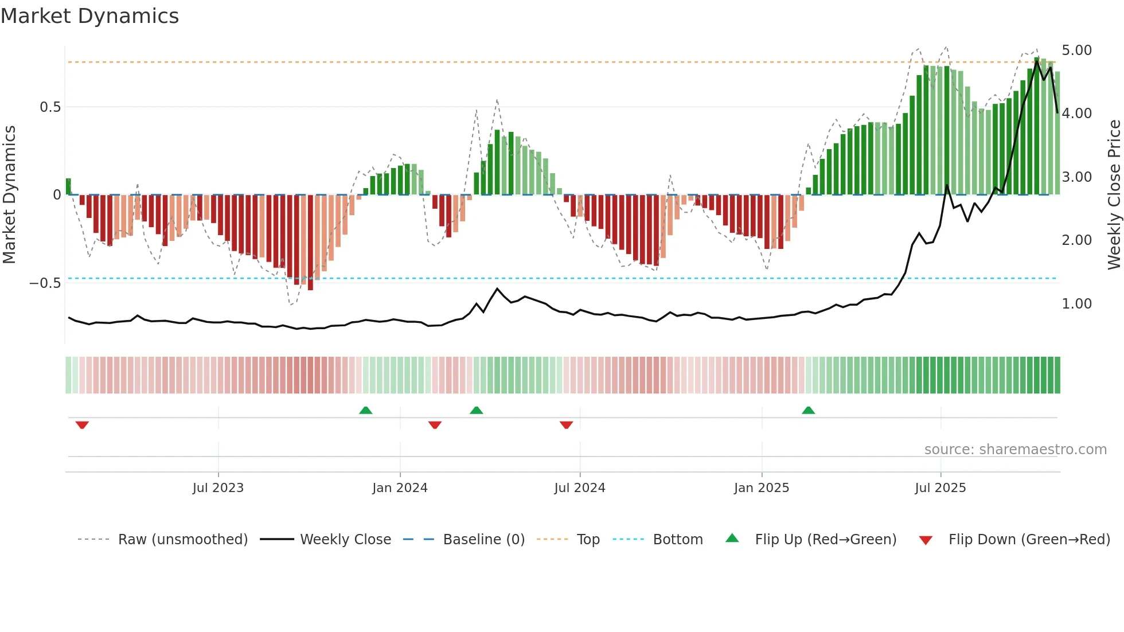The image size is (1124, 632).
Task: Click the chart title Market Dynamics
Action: [x=89, y=16]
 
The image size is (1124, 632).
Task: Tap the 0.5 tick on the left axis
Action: [x=50, y=107]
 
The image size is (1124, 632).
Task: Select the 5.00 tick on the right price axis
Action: [x=1076, y=50]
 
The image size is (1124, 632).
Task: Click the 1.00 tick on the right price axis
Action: [x=1076, y=304]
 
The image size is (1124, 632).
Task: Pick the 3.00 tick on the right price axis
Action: [x=1076, y=177]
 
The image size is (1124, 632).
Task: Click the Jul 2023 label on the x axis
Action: [x=218, y=488]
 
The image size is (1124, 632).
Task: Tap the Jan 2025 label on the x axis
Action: [x=762, y=488]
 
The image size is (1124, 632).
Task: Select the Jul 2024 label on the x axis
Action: [x=580, y=488]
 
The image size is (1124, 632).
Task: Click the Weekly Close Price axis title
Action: [x=1114, y=194]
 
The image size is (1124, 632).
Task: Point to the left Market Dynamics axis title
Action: [x=9, y=194]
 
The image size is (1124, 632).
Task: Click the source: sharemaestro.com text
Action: [x=1015, y=450]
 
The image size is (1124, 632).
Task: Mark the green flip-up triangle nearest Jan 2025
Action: [x=808, y=410]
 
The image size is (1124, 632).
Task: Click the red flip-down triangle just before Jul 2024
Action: [x=566, y=425]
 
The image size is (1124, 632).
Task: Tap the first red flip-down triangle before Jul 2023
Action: [x=82, y=425]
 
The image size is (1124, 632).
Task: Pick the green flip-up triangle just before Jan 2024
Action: [x=365, y=410]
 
